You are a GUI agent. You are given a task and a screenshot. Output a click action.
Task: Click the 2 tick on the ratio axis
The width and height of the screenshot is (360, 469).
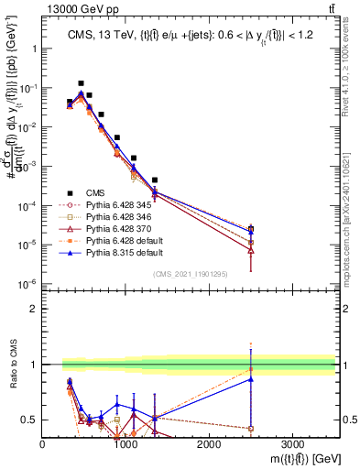point(32,309)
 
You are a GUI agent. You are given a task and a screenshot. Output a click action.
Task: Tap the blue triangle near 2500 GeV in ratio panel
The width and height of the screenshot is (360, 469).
point(251,379)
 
